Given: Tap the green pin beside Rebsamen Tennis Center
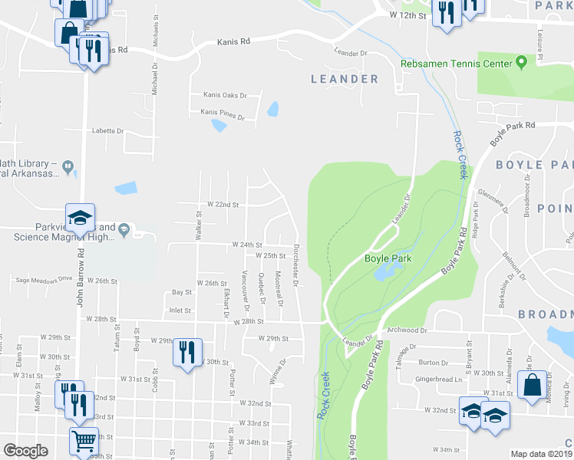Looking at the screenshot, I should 521,61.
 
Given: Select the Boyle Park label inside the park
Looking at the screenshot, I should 388,259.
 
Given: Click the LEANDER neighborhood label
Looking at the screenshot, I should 345,79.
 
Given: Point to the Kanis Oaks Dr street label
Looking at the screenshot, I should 225,96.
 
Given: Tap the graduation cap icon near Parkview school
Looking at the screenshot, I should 80,218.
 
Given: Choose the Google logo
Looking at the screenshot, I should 25,451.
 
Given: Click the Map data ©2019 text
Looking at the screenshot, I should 541,454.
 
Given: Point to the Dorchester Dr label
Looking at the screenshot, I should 296,261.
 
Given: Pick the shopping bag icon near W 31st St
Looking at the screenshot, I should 532,385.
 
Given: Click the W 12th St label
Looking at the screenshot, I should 407,15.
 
